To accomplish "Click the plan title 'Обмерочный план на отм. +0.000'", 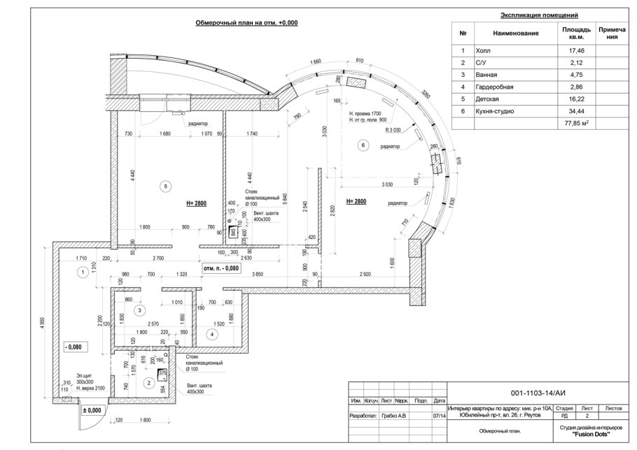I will point(246,22).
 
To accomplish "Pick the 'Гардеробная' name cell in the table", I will point(494,87).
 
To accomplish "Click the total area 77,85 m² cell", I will point(577,122).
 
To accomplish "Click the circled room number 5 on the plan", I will point(165,186).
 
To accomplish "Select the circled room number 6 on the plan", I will point(363,145).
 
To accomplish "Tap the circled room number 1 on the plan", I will point(83,271).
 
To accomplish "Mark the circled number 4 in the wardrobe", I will point(212,334).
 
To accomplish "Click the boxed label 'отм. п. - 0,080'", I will point(221,268).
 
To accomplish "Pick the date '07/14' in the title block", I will point(439,416).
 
